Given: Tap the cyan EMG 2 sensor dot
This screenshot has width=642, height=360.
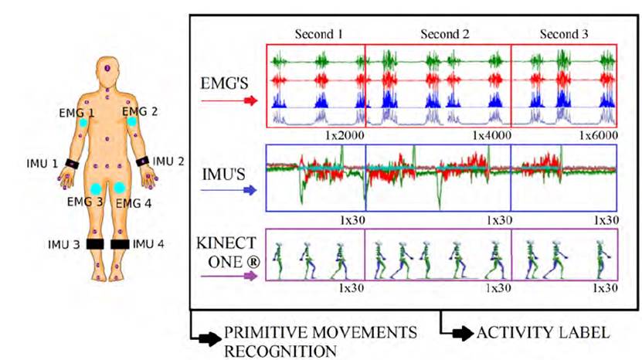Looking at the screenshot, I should click(132, 121).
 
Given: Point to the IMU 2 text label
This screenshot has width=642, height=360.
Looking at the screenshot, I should click(168, 161).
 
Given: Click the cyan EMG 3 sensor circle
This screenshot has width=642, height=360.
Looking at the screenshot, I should click(94, 188).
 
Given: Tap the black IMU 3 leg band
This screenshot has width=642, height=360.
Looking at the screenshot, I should click(95, 244).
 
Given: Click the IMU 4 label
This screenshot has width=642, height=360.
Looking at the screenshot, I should click(149, 244).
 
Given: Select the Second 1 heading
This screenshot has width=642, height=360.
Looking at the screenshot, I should click(318, 34).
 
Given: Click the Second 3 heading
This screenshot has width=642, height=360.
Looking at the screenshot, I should click(563, 34).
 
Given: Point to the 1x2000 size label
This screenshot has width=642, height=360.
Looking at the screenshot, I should click(345, 135).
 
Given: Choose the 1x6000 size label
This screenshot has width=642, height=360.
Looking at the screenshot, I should click(599, 135).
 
